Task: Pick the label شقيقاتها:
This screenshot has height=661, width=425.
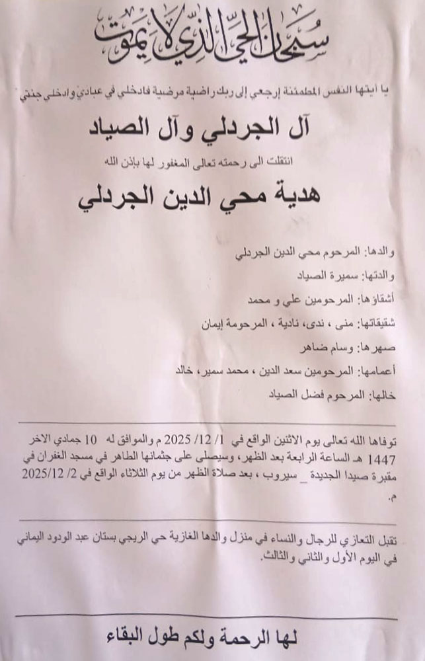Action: pyautogui.click(x=376, y=323)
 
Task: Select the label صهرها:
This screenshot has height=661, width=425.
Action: pyautogui.click(x=379, y=347)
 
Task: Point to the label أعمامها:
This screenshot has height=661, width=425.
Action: pyautogui.click(x=378, y=371)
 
